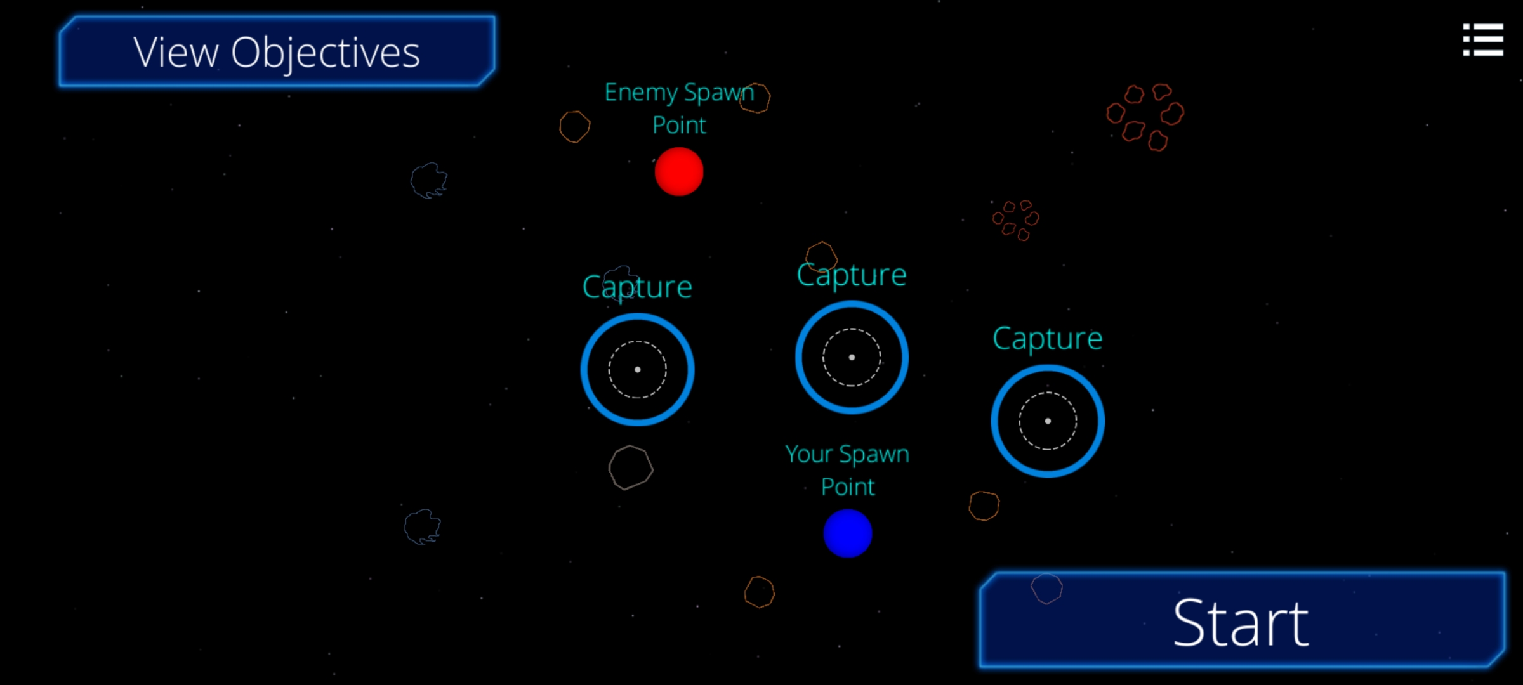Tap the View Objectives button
click(x=277, y=51)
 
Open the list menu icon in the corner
click(x=1482, y=40)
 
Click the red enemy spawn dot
click(x=679, y=171)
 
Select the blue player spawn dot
click(x=848, y=533)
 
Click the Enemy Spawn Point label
click(x=679, y=108)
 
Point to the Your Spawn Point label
click(x=848, y=470)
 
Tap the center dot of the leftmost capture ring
click(x=637, y=369)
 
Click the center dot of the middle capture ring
click(x=852, y=357)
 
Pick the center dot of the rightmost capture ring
click(x=1048, y=421)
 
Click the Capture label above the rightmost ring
click(x=1048, y=338)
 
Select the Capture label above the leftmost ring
click(x=637, y=287)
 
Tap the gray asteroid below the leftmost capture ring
click(x=631, y=467)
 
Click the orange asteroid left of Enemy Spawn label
click(x=574, y=126)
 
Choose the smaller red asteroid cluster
click(x=1015, y=220)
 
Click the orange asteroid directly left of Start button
click(x=760, y=592)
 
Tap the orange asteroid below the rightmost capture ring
click(x=984, y=506)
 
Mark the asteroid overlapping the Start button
click(x=1046, y=588)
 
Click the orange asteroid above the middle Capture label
click(x=821, y=256)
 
